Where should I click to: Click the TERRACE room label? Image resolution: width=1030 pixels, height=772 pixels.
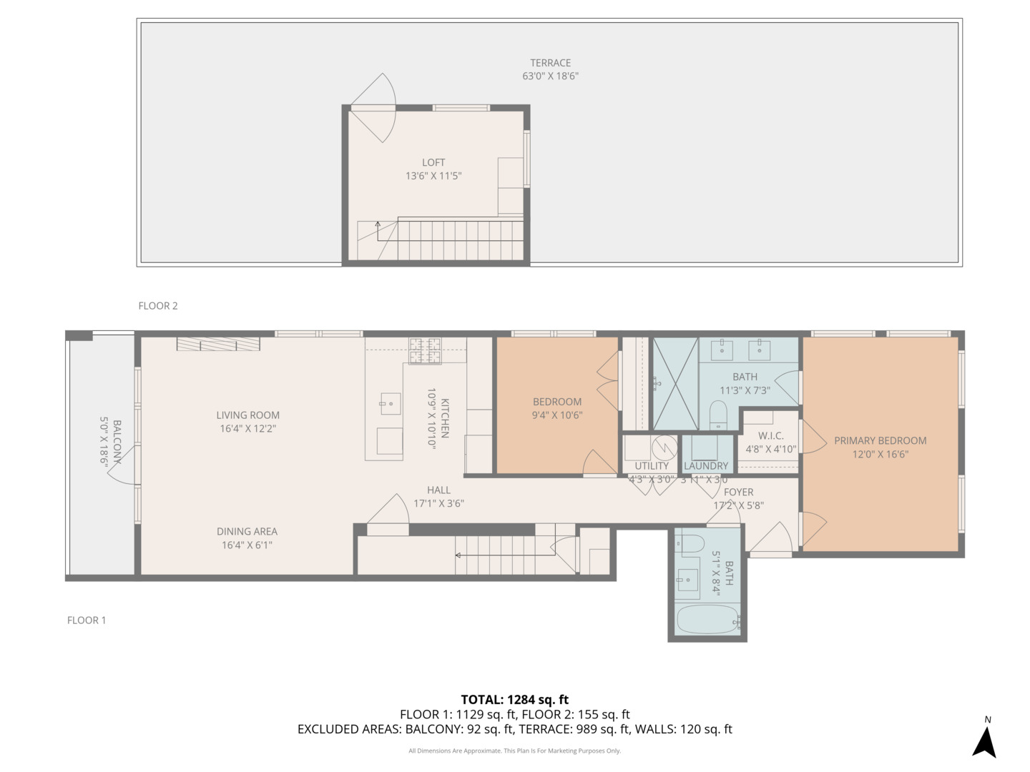point(550,63)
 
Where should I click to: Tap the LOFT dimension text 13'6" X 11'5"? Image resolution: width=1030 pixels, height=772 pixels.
point(433,176)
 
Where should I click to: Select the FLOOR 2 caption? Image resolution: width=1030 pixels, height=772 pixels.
point(158,306)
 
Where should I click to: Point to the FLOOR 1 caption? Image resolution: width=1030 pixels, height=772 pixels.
point(87,620)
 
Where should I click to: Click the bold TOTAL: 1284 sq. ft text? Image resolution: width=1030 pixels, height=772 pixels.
point(514,700)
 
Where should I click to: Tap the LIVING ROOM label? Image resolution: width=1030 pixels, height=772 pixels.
point(248,415)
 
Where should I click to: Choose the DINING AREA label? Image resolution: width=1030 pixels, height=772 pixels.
point(247,532)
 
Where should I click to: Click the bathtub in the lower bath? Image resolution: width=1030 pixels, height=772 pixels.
point(708,620)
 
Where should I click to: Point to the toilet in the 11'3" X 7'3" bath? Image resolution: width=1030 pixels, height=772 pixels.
point(718,415)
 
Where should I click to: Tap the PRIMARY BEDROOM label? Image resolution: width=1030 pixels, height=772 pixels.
point(880,441)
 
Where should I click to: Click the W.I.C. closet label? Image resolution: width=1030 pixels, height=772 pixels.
point(770,436)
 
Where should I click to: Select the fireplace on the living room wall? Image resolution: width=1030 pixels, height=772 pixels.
point(218,345)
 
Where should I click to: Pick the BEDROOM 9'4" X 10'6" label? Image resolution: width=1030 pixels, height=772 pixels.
point(557,402)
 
